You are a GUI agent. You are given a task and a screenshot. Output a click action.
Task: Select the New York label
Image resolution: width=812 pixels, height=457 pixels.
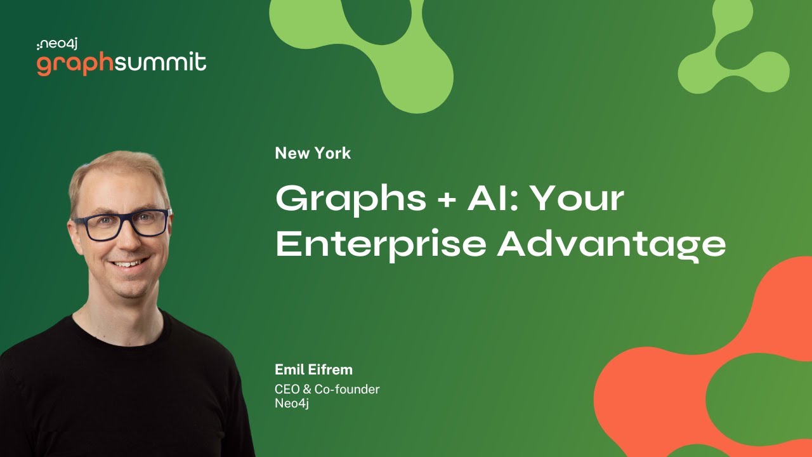[313, 153]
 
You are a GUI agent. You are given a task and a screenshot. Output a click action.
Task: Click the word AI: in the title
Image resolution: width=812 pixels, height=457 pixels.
[493, 199]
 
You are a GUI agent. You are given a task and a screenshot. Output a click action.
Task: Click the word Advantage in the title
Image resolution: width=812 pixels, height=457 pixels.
[611, 245]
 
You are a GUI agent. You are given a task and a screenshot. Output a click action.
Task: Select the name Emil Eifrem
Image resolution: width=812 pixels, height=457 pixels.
[313, 369]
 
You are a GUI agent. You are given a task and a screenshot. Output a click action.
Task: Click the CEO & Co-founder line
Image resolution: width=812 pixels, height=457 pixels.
[327, 389]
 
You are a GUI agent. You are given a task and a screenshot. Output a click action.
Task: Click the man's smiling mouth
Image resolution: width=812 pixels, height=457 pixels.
[129, 263]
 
